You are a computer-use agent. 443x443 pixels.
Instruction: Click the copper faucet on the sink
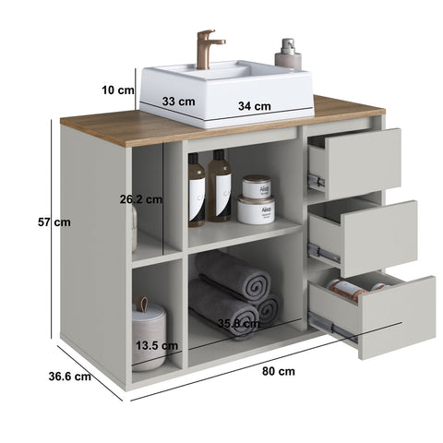206,49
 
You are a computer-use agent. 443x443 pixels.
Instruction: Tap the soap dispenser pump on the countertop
288,54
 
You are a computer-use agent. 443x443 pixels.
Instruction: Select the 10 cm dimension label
118,90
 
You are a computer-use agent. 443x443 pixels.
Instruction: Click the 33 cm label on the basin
178,102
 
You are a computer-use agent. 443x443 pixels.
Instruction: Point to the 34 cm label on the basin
255,106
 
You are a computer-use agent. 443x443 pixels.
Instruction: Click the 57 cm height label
54,222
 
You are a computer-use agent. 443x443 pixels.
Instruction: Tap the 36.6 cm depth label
70,377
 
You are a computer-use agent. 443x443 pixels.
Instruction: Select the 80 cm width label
279,371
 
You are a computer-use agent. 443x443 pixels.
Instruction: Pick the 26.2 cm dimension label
141,199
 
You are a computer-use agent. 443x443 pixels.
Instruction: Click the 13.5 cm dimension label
157,346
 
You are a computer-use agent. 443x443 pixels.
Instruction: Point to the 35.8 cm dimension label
239,323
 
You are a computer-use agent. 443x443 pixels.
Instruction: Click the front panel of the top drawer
363,163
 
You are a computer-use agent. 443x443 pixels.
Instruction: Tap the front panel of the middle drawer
380,238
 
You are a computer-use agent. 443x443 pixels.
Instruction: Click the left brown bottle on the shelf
197,190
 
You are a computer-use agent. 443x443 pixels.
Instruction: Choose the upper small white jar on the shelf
257,186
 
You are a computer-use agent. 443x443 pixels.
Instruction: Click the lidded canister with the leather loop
149,334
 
